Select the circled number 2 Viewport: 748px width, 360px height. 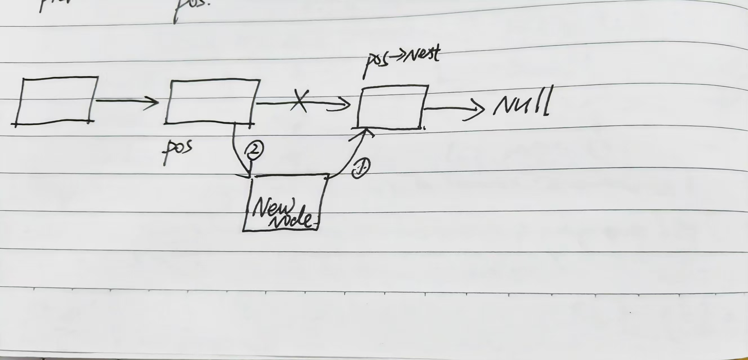tap(254, 149)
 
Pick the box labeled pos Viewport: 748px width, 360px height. tap(212, 101)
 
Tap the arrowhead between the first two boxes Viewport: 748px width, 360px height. tap(152, 101)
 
